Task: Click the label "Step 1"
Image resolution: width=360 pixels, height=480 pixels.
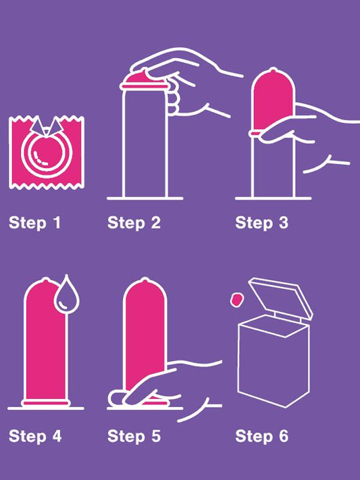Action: point(34,223)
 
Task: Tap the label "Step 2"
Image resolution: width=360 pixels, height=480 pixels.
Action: point(134,223)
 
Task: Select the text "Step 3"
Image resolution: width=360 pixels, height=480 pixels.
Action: point(261,223)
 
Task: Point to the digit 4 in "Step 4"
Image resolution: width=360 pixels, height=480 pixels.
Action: point(56,436)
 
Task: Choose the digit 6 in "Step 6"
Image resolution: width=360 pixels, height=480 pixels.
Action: point(284,436)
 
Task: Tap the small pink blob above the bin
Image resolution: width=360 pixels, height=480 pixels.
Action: point(236,299)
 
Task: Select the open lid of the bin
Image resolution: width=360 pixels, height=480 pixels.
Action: point(280,297)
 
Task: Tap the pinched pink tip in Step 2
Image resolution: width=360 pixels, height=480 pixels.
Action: point(142,77)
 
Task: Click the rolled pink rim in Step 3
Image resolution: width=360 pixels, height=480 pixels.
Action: point(255,133)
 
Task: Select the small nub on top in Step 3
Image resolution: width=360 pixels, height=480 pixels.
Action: point(272,71)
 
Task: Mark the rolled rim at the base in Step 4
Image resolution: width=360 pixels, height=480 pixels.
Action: point(46,402)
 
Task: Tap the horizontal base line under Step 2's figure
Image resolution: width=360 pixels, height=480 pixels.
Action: point(145,198)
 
